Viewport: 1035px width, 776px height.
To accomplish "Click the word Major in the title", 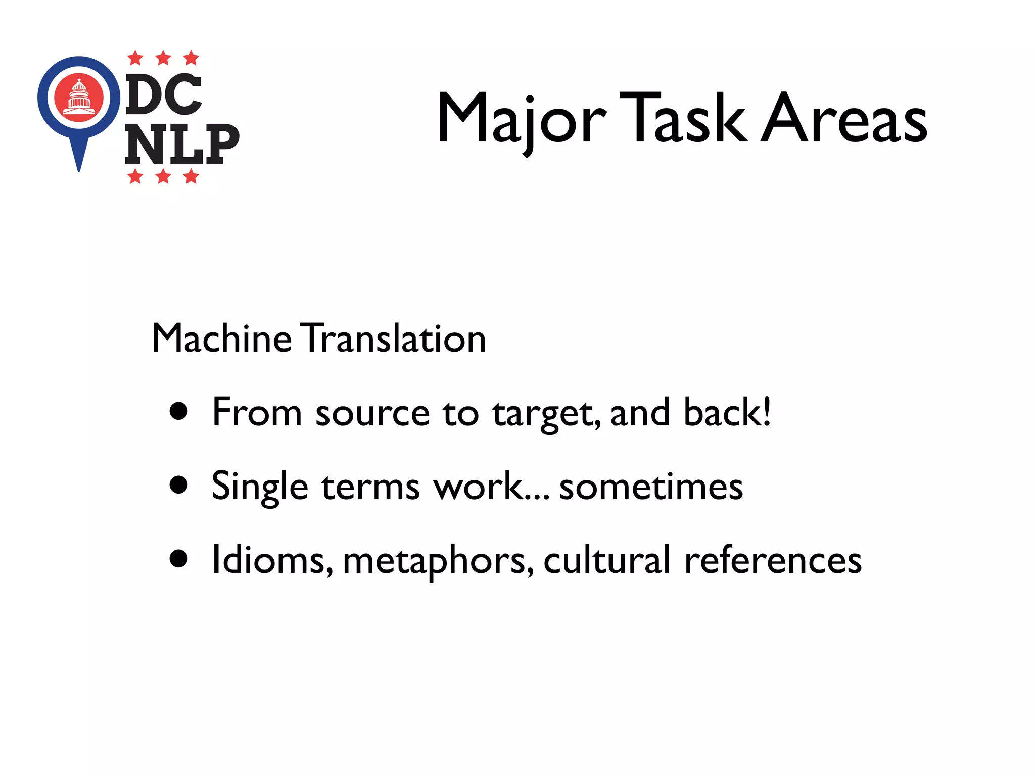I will pyautogui.click(x=521, y=119).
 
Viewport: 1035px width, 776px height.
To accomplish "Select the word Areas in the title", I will pyautogui.click(x=843, y=118).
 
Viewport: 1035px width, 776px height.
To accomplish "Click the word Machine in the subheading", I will pyautogui.click(x=221, y=338).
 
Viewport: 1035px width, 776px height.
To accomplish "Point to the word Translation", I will pyautogui.click(x=394, y=338).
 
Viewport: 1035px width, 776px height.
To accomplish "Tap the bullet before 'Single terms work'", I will pyautogui.click(x=179, y=486).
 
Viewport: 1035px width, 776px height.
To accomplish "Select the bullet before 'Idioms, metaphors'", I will pyautogui.click(x=179, y=559).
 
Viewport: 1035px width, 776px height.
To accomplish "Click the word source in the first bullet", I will pyautogui.click(x=372, y=413).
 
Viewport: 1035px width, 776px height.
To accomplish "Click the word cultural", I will pyautogui.click(x=606, y=560).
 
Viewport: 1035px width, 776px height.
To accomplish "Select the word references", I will pyautogui.click(x=773, y=560).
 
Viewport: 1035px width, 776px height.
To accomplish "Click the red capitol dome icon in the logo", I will pyautogui.click(x=79, y=98).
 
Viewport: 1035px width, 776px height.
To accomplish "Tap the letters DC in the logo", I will pyautogui.click(x=164, y=94).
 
